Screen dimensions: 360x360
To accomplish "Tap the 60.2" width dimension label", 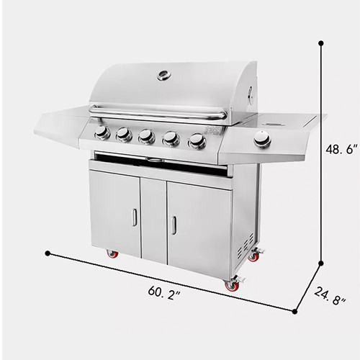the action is click(164, 293).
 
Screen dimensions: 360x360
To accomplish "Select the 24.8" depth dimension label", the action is click(330, 296).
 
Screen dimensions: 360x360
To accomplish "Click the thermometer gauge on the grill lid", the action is click(164, 75).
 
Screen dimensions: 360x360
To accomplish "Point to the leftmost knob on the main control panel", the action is click(102, 132).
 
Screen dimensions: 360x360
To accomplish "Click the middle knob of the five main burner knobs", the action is click(146, 136).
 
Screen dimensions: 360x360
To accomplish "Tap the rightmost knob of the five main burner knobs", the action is click(197, 141).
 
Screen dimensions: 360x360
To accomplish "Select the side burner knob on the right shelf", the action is click(262, 139).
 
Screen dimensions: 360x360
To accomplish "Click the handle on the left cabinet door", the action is click(135, 217).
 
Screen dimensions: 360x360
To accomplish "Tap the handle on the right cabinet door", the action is click(174, 225).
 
